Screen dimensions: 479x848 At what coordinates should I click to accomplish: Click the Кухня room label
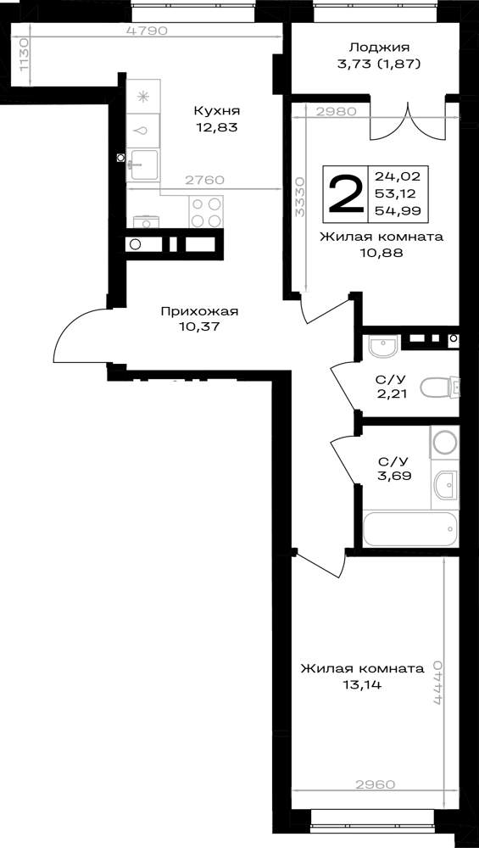click(216, 111)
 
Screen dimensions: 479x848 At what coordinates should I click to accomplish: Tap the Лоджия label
click(379, 47)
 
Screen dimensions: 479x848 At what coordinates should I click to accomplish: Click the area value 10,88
click(382, 253)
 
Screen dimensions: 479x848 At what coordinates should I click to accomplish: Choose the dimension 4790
click(147, 31)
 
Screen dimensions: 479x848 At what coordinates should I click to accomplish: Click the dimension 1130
click(22, 54)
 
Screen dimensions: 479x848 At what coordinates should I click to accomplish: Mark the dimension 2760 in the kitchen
click(204, 181)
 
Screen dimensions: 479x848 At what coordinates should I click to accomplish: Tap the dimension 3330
click(301, 196)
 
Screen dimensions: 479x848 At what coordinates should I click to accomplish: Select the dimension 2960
click(376, 784)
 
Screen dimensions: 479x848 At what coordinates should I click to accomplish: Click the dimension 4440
click(438, 682)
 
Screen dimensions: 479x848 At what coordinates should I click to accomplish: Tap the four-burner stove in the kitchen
click(207, 212)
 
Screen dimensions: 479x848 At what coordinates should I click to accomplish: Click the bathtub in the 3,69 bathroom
click(411, 528)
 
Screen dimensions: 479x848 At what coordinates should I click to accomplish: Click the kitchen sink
click(142, 165)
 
